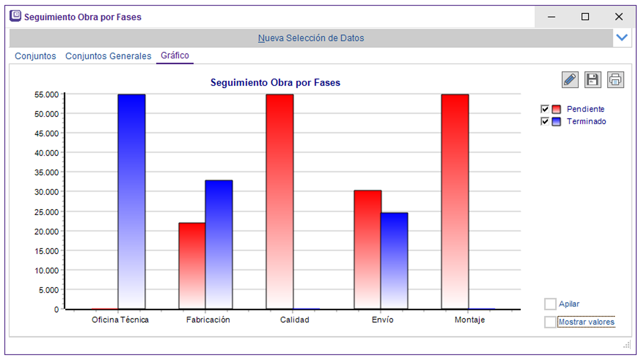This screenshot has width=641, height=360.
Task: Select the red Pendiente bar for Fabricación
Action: [192, 266]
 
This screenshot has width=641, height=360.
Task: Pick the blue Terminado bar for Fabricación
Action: [219, 245]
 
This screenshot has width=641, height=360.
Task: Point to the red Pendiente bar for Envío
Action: [368, 249]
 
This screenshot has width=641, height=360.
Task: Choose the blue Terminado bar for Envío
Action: [394, 260]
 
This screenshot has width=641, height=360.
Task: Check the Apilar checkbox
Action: [550, 304]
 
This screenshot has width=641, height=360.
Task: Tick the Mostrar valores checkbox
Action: [550, 322]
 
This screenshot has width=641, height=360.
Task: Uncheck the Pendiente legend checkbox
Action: [545, 109]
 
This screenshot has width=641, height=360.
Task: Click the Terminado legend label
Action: [586, 122]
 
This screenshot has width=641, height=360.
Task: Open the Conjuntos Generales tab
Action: [108, 56]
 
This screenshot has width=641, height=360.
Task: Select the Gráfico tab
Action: [175, 56]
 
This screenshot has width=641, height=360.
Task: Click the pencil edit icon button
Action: [570, 80]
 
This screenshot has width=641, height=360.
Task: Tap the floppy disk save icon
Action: [593, 80]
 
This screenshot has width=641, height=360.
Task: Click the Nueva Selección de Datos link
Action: [311, 38]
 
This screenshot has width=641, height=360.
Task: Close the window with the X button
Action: [619, 17]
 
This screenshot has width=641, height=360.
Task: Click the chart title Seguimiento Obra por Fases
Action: [275, 83]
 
